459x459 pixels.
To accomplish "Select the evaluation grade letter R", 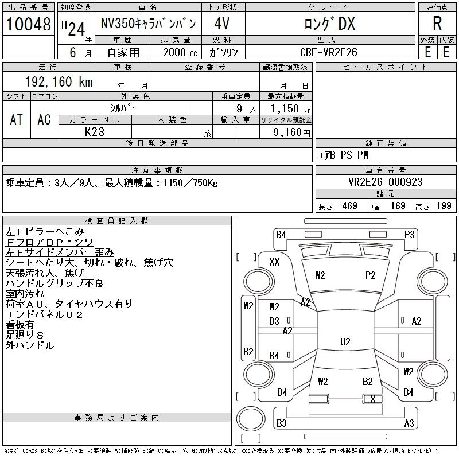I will pyautogui.click(x=437, y=24).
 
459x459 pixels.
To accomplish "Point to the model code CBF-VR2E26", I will pyautogui.click(x=329, y=52).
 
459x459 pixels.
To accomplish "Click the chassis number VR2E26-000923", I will pyautogui.click(x=385, y=182).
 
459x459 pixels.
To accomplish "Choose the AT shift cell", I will pyautogui.click(x=17, y=119).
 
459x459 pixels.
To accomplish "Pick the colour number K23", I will pyautogui.click(x=94, y=131).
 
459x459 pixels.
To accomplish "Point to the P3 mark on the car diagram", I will pyautogui.click(x=409, y=234).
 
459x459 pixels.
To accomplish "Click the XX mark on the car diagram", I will pyautogui.click(x=274, y=262).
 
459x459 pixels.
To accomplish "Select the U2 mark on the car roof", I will pyautogui.click(x=345, y=342).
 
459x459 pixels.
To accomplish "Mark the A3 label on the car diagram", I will pyautogui.click(x=409, y=423).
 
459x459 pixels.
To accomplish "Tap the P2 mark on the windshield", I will pyautogui.click(x=370, y=275).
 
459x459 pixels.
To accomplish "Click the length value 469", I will pyautogui.click(x=346, y=206).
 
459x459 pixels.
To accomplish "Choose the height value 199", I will pyautogui.click(x=444, y=206).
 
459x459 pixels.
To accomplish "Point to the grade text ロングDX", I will pyautogui.click(x=329, y=24).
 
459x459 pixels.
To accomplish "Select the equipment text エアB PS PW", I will pyautogui.click(x=344, y=155).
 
